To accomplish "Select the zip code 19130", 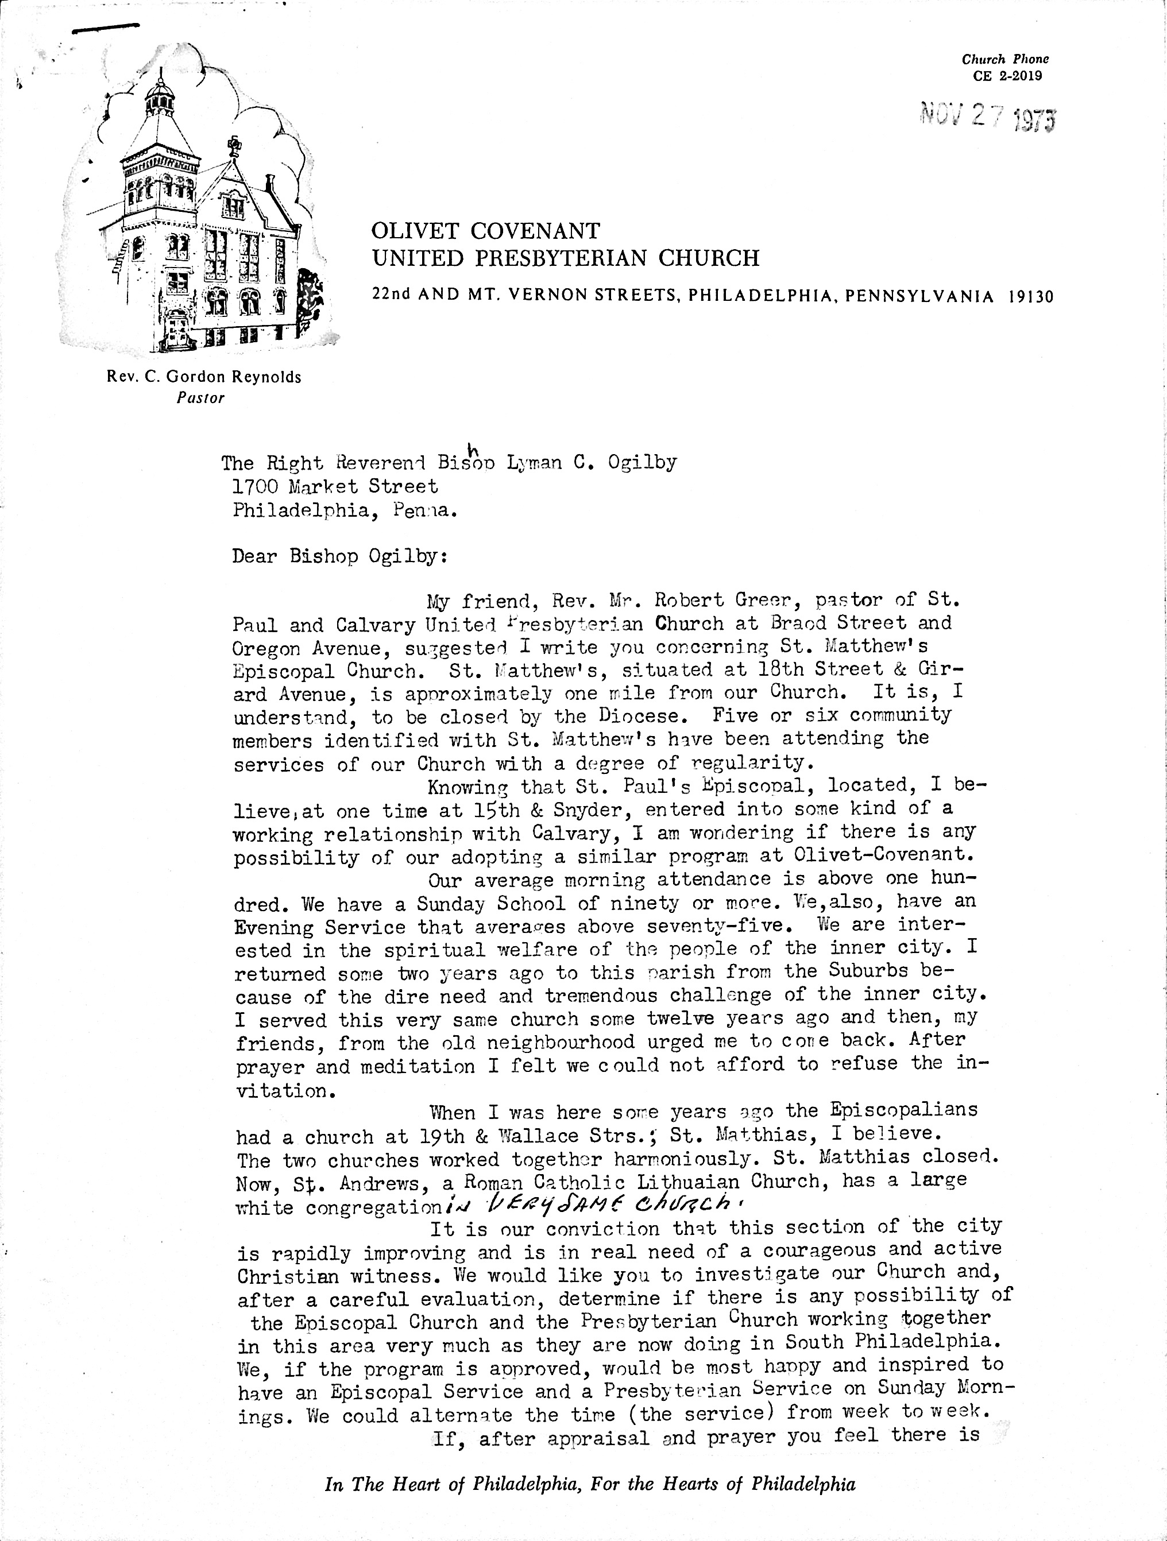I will click(x=1030, y=297).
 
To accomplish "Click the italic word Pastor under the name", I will click(x=200, y=398).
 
